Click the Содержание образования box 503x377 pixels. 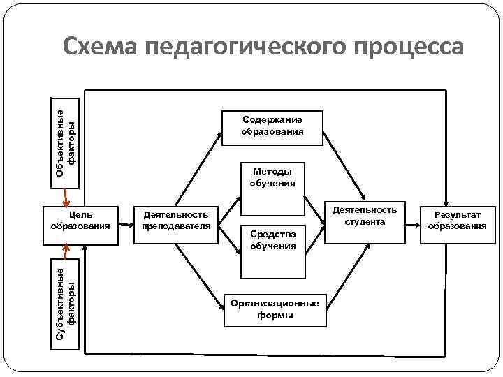pyautogui.click(x=272, y=127)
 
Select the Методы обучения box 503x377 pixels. pyautogui.click(x=272, y=177)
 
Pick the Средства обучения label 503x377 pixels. pyautogui.click(x=272, y=240)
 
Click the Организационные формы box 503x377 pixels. pyautogui.click(x=273, y=309)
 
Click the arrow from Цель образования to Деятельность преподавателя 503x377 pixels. pyautogui.click(x=126, y=225)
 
